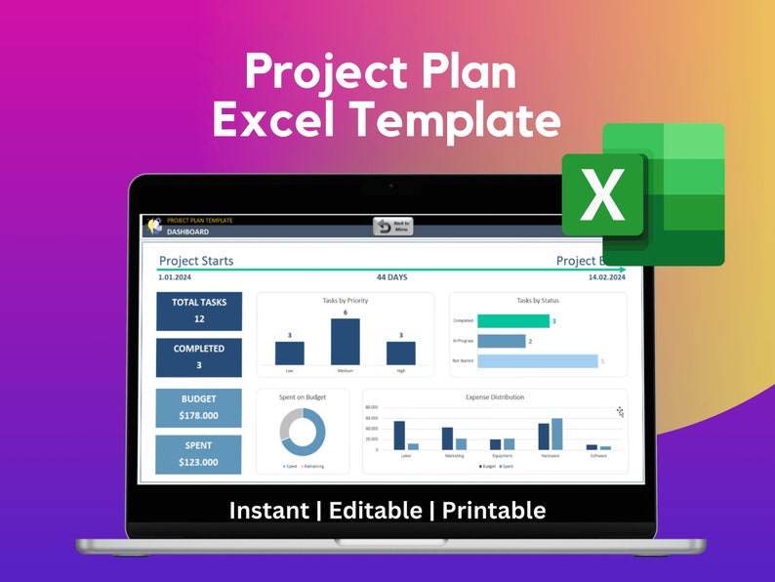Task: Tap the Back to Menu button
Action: click(x=393, y=227)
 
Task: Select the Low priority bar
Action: click(x=290, y=353)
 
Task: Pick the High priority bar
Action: click(x=401, y=353)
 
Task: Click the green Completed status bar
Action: click(x=513, y=321)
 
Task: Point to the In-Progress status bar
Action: click(x=502, y=341)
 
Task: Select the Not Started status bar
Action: click(x=537, y=361)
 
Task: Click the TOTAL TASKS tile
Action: click(x=199, y=311)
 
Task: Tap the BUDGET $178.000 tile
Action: click(x=199, y=407)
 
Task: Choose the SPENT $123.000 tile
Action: click(x=199, y=454)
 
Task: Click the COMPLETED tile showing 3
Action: click(x=199, y=356)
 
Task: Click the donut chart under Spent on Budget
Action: click(x=303, y=433)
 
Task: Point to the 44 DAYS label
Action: click(x=392, y=277)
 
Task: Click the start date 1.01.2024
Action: click(x=174, y=277)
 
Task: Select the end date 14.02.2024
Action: click(x=606, y=277)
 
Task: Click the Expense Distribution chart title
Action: click(x=494, y=397)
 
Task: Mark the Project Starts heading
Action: click(x=196, y=261)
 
